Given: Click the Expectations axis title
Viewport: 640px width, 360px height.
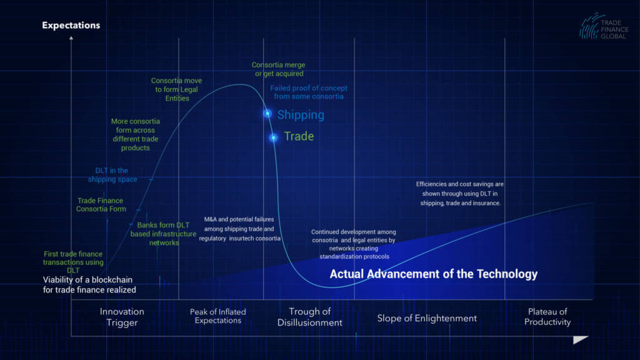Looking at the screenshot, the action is (x=71, y=25).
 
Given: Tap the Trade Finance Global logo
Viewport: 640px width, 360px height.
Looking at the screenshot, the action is (x=604, y=27).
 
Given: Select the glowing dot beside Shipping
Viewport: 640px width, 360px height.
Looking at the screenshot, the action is (x=267, y=114).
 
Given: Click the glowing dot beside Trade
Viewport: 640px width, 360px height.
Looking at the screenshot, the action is (x=274, y=137).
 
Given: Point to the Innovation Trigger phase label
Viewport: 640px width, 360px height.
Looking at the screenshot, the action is (x=122, y=317).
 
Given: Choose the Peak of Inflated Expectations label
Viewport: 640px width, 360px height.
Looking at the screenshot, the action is (x=218, y=316).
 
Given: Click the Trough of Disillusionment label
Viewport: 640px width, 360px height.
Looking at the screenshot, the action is (x=310, y=317).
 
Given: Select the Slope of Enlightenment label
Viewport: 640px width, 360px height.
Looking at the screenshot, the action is (x=427, y=318).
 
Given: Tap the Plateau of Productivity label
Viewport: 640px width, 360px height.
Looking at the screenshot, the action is (x=547, y=317).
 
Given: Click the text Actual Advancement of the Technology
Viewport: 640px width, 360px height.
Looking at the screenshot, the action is (x=434, y=274).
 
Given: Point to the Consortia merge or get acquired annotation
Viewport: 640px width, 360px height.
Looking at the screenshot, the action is (x=278, y=69).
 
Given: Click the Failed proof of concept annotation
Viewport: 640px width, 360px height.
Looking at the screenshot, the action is (x=309, y=92).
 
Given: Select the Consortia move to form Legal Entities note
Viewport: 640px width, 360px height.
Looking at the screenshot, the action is (x=176, y=89).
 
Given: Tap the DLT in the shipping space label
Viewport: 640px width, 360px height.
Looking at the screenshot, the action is (x=112, y=175).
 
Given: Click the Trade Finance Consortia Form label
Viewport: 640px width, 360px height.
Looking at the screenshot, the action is (x=101, y=205).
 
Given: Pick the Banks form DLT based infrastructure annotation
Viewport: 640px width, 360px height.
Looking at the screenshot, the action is (x=163, y=234).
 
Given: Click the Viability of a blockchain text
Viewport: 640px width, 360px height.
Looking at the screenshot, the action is (x=89, y=285).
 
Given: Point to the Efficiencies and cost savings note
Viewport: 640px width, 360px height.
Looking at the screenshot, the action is (x=460, y=194).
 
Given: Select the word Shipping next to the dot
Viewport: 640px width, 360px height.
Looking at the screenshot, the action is (x=301, y=115).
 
